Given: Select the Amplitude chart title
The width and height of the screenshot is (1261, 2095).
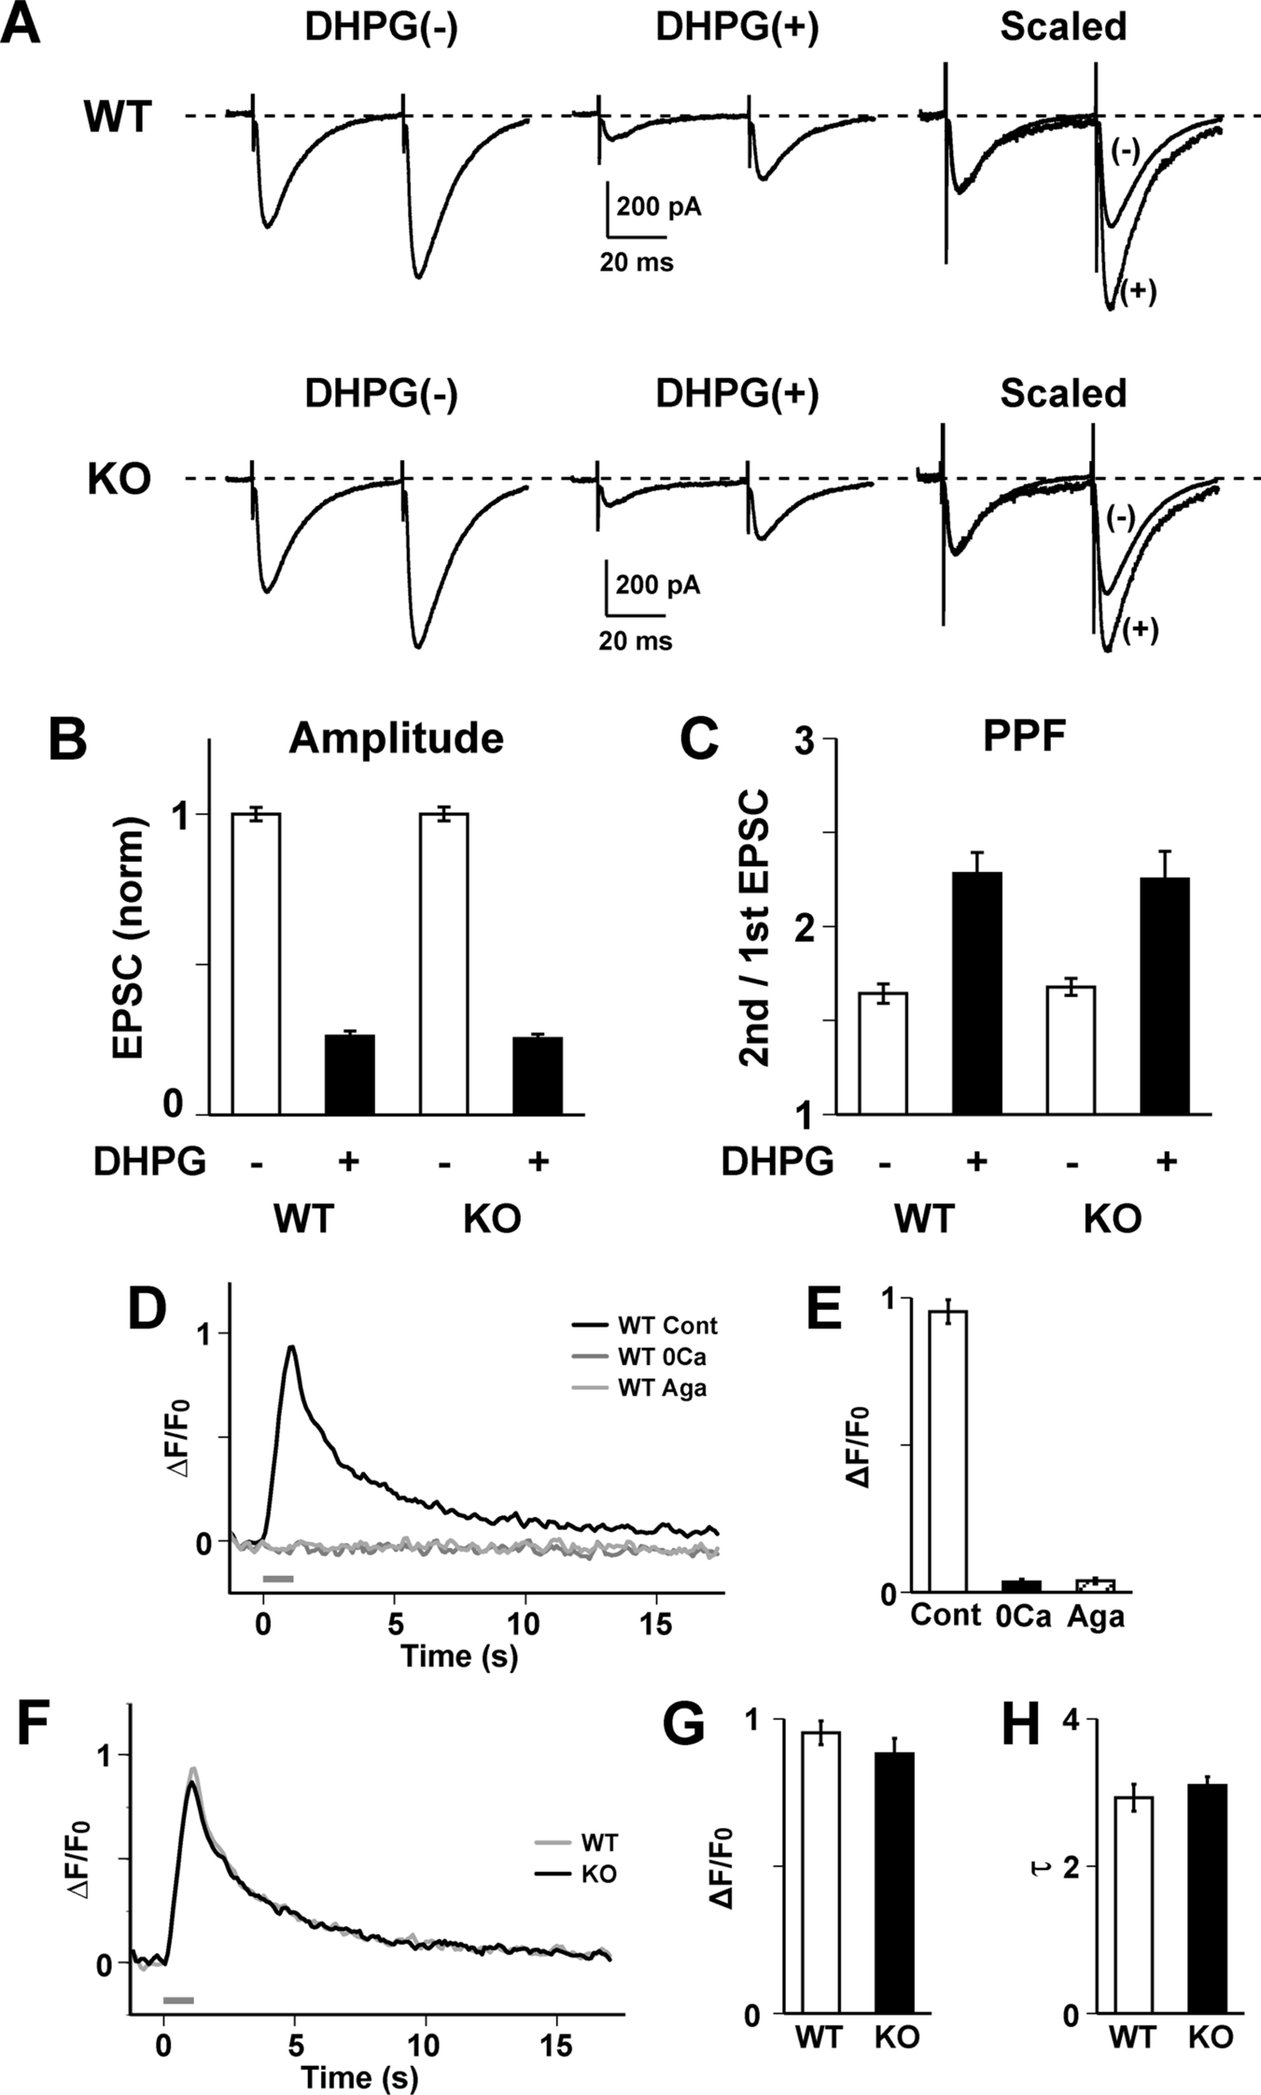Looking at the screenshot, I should point(396,738).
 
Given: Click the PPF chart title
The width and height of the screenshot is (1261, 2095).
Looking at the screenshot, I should point(1024,738).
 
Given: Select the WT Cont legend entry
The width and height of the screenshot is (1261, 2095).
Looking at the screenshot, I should point(666,1326).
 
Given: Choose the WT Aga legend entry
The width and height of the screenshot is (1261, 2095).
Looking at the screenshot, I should point(661,1387).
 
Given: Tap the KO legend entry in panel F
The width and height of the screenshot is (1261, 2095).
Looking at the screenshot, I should point(598,1874).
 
